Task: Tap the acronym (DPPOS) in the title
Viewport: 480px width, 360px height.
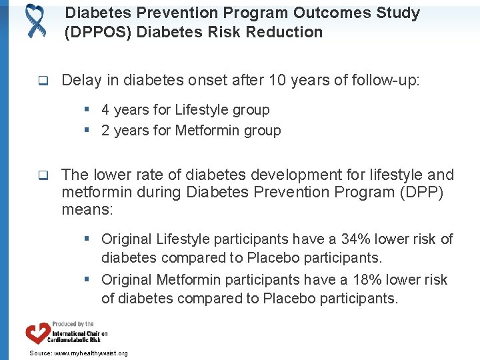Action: tap(99, 32)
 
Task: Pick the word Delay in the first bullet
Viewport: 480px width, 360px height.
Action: tap(80, 81)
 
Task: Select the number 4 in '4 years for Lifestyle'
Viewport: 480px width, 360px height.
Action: tap(105, 110)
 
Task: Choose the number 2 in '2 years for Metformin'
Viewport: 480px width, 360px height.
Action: tap(105, 131)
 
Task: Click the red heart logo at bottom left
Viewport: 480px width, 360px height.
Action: tap(37, 333)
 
